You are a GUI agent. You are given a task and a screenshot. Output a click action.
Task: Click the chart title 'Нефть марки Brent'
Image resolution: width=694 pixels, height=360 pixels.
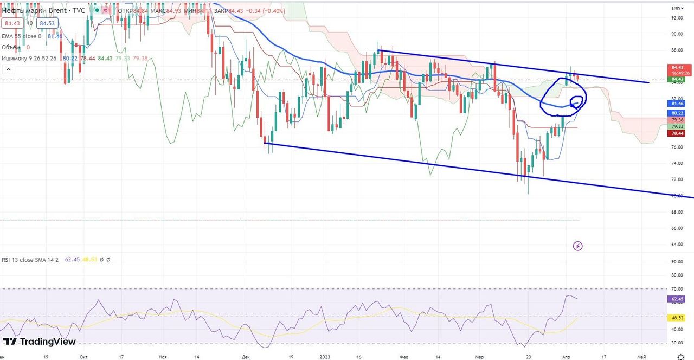point(35,11)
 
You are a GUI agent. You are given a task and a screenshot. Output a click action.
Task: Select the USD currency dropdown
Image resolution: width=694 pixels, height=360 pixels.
point(677,8)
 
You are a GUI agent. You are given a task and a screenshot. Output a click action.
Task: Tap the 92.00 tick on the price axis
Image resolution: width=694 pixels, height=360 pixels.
point(677,18)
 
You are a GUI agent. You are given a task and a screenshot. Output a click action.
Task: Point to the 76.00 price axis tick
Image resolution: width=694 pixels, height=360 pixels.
point(677,147)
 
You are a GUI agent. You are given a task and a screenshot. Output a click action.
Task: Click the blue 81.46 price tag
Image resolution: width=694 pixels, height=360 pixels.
point(677,103)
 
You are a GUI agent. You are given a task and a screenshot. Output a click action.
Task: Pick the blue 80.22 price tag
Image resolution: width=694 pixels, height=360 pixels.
point(677,113)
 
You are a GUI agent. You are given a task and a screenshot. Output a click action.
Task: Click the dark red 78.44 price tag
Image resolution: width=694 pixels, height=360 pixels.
point(677,133)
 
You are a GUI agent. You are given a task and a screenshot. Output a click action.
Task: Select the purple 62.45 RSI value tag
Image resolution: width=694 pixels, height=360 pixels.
point(677,299)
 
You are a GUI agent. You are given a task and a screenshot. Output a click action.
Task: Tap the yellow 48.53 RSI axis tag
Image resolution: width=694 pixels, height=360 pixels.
point(677,318)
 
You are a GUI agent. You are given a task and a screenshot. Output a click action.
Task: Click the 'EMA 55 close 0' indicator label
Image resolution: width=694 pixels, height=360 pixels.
point(22,36)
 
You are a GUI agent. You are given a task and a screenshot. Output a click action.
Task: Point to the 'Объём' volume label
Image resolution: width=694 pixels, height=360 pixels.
point(11,47)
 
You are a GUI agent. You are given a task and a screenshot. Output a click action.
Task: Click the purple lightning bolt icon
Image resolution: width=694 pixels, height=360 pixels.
point(578,246)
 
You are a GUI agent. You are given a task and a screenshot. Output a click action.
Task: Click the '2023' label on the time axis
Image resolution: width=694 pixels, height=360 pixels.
point(325,357)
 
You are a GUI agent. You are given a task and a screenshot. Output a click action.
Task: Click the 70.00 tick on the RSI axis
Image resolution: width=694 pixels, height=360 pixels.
point(677,289)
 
